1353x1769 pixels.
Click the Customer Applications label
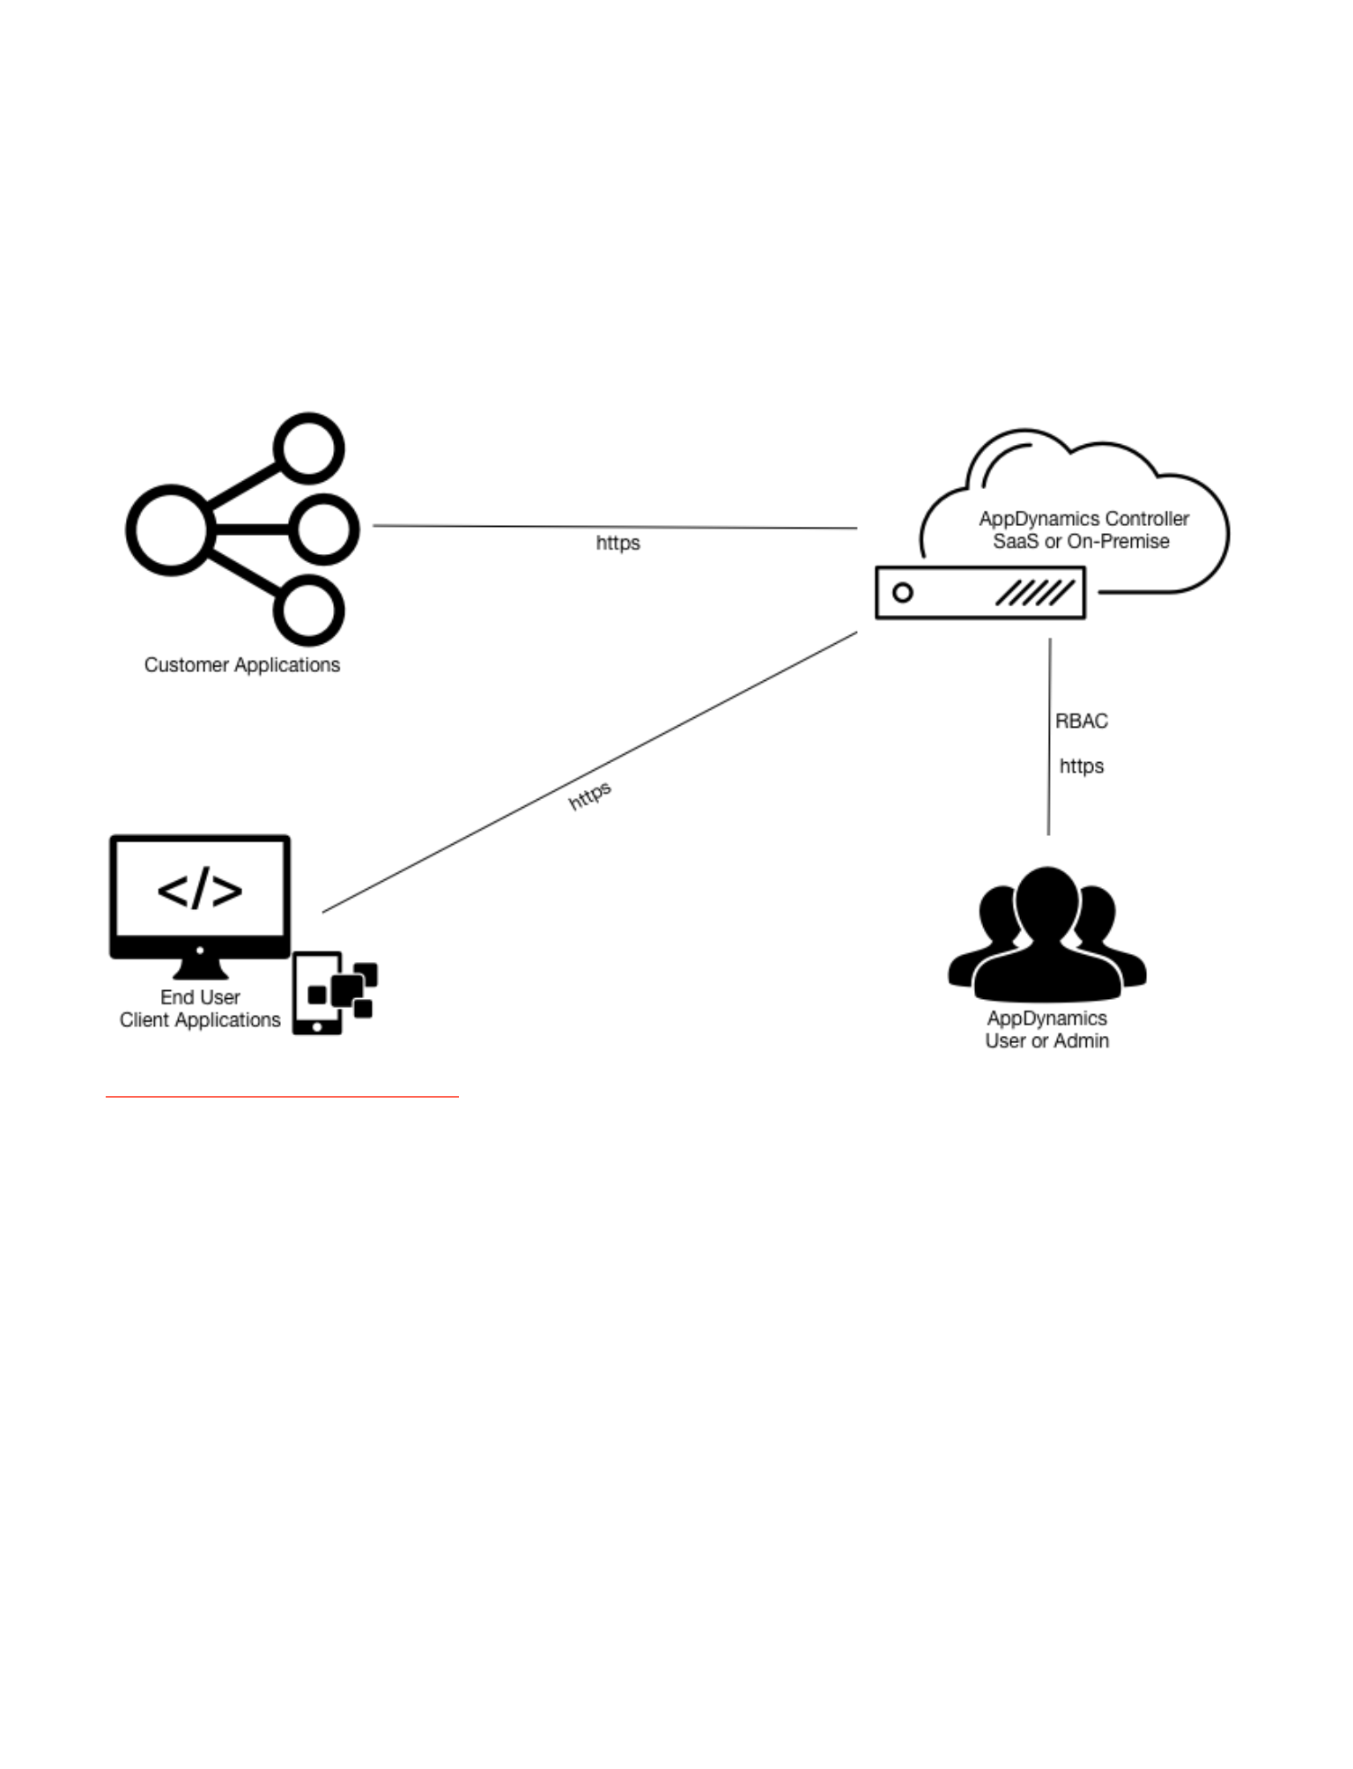(242, 665)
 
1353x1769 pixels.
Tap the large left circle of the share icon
(170, 530)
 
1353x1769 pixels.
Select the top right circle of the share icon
(309, 448)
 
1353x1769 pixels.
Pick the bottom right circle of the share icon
(309, 611)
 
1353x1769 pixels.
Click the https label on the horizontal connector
(617, 543)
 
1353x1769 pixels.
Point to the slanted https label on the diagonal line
(589, 796)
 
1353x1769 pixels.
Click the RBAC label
(1081, 722)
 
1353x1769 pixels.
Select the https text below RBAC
(1081, 766)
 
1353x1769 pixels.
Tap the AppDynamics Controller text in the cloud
(1083, 519)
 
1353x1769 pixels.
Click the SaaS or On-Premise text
(1081, 542)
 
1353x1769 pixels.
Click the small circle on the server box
(903, 593)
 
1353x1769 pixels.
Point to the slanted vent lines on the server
(1035, 593)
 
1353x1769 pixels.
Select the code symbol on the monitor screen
(200, 889)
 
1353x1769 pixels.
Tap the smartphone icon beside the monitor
(317, 993)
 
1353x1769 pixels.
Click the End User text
(200, 997)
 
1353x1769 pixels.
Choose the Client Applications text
(200, 1020)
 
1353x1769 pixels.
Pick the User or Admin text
(1046, 1041)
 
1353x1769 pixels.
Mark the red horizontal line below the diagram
(282, 1097)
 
